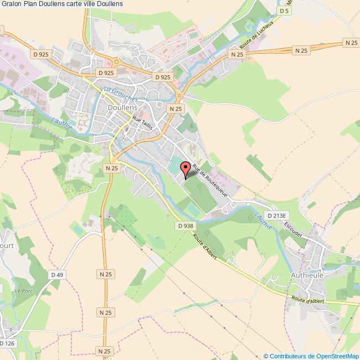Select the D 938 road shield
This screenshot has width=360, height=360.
click(186, 225)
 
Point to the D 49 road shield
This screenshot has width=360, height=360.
click(56, 274)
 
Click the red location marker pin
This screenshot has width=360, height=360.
click(186, 168)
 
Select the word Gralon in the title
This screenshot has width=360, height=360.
click(12, 4)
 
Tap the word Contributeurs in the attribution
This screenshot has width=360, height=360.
click(286, 356)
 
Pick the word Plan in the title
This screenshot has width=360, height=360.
click(32, 4)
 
